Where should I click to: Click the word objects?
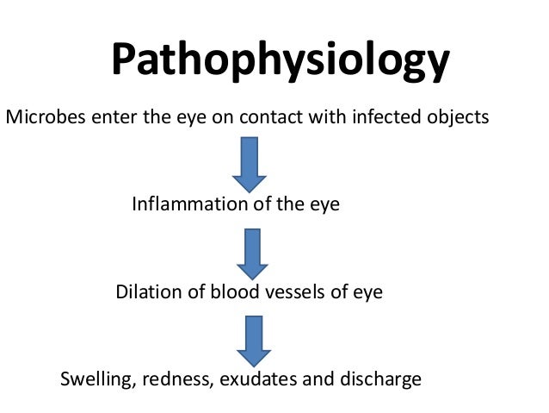[459, 118]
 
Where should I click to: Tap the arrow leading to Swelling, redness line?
[254, 340]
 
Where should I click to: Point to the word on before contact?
[224, 117]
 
